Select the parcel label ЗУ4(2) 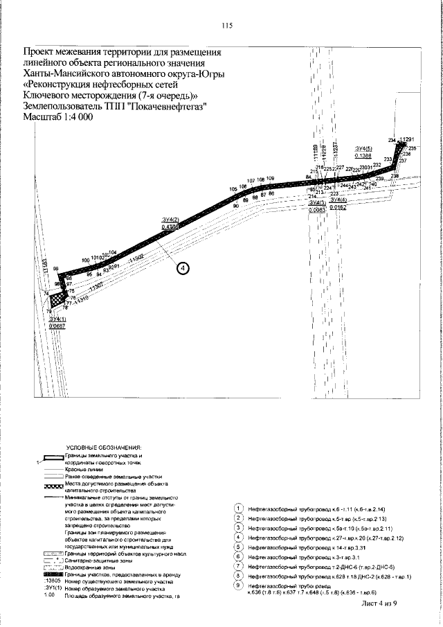[x=170, y=220]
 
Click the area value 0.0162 [x=338, y=207]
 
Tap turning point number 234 [x=392, y=141]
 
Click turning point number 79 [x=49, y=311]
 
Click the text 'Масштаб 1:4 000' [x=58, y=117]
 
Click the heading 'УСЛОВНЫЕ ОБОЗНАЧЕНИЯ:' [x=104, y=449]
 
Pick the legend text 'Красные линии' [x=82, y=469]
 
